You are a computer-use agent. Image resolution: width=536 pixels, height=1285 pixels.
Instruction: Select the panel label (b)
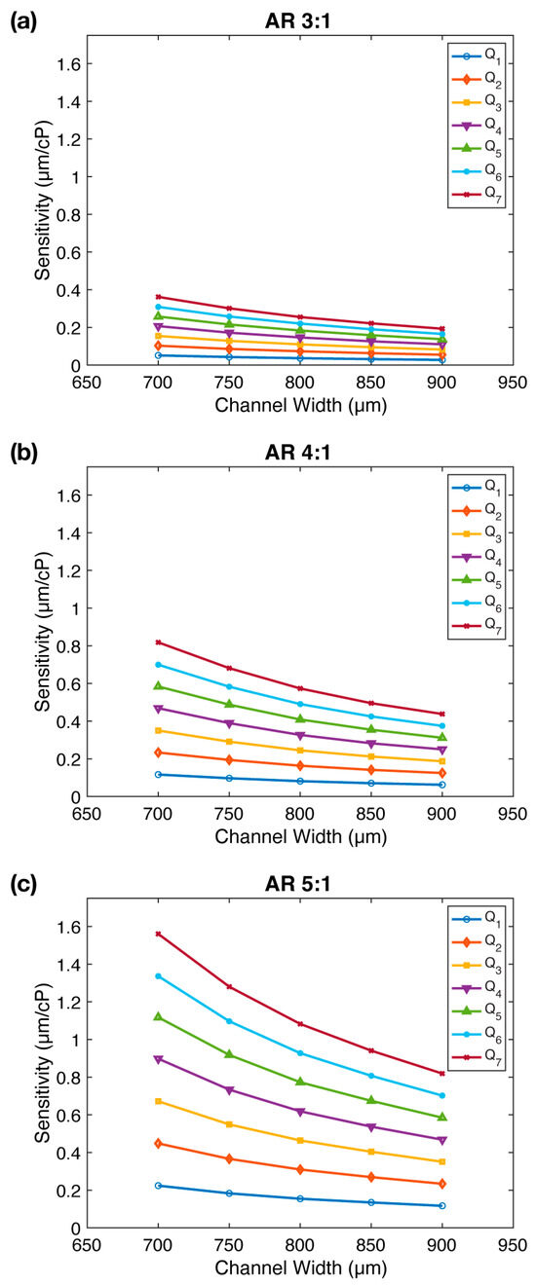click(x=21, y=452)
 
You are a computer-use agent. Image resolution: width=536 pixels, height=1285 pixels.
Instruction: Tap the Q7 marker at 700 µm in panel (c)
click(x=158, y=934)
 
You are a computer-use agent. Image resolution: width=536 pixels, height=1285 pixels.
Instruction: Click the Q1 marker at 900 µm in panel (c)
click(x=441, y=1205)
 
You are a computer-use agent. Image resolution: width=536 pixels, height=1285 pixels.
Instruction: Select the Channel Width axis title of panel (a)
click(x=299, y=405)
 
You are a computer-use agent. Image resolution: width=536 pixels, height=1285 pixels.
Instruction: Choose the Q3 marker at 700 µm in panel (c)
click(x=158, y=1101)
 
